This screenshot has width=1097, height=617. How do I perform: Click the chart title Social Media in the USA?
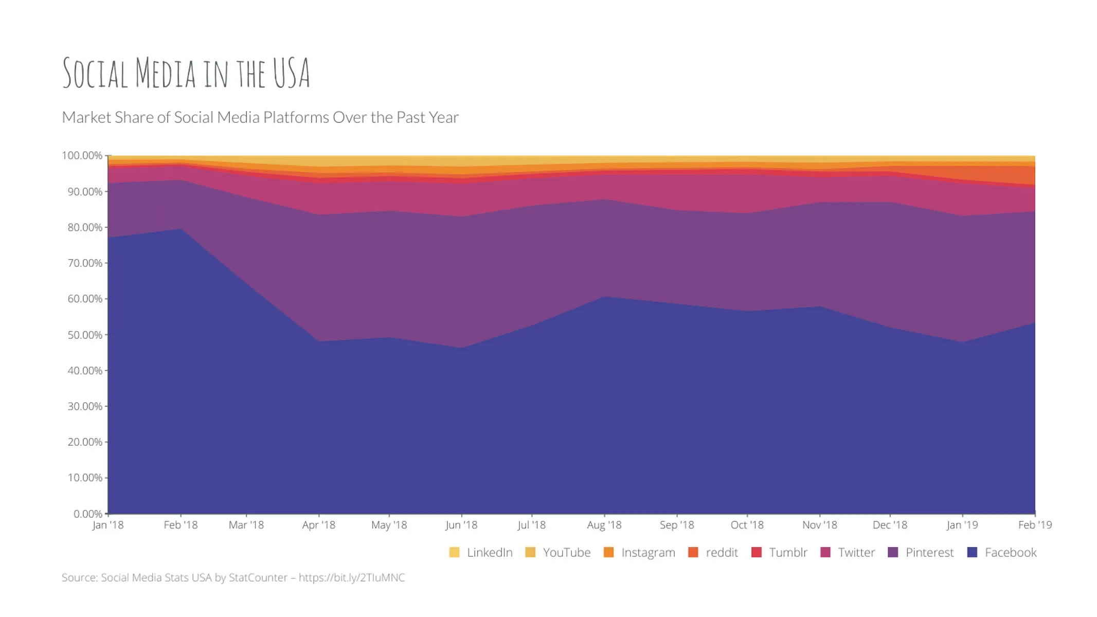coord(186,73)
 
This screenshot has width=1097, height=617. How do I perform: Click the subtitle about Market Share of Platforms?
coord(260,117)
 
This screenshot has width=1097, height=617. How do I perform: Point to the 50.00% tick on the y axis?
coord(85,335)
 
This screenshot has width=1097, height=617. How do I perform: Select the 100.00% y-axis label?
coord(82,155)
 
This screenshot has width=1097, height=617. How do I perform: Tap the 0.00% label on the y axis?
coord(88,514)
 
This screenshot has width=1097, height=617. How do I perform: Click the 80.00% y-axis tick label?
coord(85,227)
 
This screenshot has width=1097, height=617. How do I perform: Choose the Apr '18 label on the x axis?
coord(318,525)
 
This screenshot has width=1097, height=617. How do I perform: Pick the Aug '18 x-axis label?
coord(604,525)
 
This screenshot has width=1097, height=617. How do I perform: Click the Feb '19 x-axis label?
coord(1035,525)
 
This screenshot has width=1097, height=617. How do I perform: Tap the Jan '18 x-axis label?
coord(108,525)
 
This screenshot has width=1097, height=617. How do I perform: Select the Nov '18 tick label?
coord(819,525)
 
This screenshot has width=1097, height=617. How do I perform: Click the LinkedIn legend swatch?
coord(454,553)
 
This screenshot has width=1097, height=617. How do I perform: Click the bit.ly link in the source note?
coord(351,577)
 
